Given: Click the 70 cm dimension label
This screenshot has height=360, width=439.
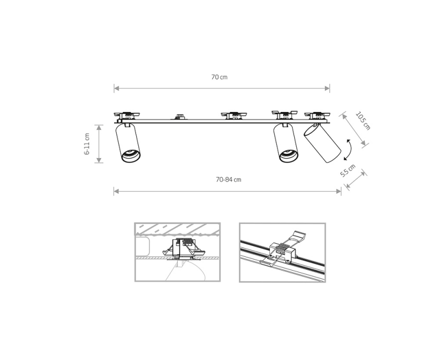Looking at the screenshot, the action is click(x=219, y=77).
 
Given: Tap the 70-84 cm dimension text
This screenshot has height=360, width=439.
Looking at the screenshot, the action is click(x=228, y=179).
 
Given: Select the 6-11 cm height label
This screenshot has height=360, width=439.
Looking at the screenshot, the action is click(x=87, y=144).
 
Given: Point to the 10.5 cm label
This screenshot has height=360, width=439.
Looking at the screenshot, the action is click(x=363, y=121).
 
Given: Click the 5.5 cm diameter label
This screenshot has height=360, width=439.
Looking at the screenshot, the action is click(x=348, y=171).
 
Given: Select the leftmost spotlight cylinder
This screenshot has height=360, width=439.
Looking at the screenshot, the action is click(x=128, y=143).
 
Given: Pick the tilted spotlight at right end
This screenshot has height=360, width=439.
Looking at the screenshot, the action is click(x=322, y=143).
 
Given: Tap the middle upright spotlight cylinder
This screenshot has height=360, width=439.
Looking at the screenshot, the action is click(x=285, y=143).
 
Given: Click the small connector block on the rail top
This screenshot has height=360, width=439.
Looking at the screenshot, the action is click(x=179, y=116).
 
